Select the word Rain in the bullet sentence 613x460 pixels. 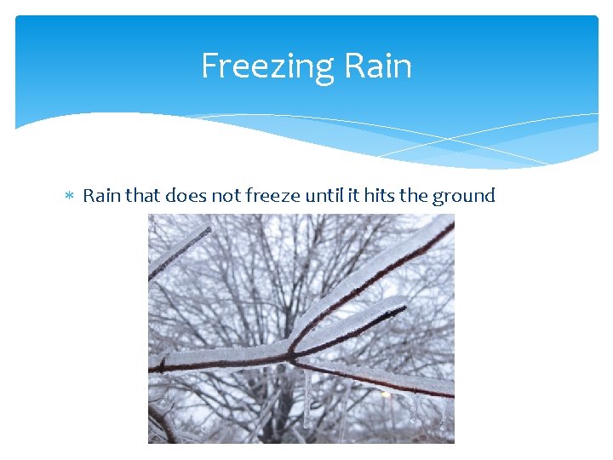[101, 196]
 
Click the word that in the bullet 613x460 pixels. [142, 196]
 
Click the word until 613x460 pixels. [324, 196]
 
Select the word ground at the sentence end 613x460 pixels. [463, 197]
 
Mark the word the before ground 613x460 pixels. [414, 196]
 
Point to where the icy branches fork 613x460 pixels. [291, 351]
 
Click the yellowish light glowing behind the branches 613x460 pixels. [385, 394]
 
